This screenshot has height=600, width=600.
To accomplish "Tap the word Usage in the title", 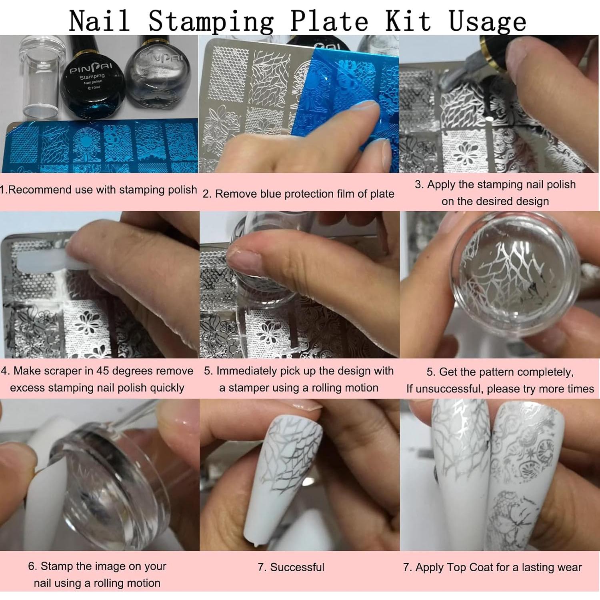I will pyautogui.click(x=487, y=21).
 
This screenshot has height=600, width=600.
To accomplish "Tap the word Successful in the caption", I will pyautogui.click(x=297, y=567).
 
